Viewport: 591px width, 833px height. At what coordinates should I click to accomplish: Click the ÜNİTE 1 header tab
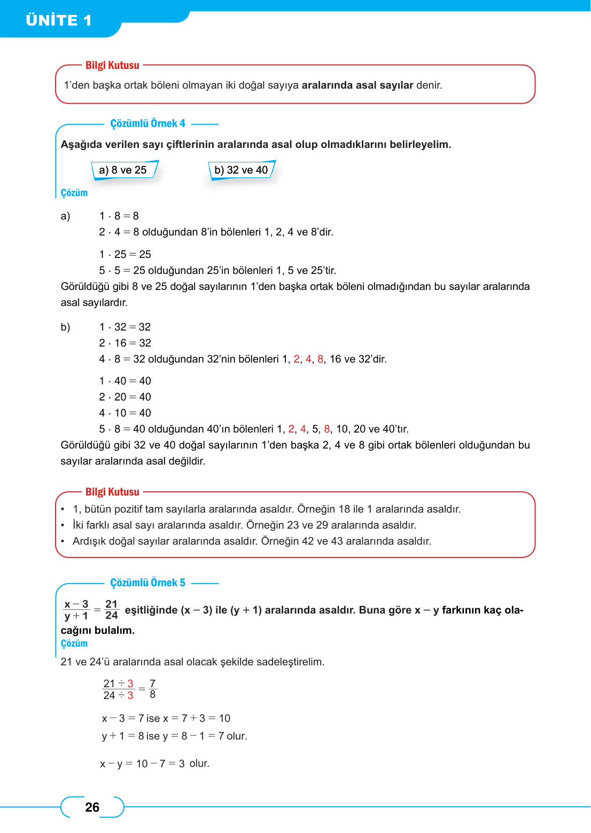(59, 20)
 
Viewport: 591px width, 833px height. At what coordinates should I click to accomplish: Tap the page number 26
(92, 807)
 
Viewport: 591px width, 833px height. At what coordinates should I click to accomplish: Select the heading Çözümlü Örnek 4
(147, 123)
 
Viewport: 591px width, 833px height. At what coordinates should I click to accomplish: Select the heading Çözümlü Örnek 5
(147, 583)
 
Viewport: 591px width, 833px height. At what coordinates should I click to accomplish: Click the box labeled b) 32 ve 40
(241, 170)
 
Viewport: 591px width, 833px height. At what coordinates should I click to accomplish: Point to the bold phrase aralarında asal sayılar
(357, 85)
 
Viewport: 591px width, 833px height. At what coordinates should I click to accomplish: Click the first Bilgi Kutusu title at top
(112, 65)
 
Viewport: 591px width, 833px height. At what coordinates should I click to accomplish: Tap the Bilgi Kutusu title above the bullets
(112, 492)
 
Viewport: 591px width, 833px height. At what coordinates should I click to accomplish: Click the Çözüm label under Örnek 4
(74, 193)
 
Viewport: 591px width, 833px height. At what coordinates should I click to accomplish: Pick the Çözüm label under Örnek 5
(74, 643)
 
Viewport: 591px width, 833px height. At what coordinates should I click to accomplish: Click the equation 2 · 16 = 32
(125, 343)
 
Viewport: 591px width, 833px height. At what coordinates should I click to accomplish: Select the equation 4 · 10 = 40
(125, 413)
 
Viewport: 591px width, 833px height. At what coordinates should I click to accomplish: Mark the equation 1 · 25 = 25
(125, 254)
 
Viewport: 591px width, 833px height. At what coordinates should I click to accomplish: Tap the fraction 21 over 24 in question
(111, 610)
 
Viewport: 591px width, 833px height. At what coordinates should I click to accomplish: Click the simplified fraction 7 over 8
(153, 689)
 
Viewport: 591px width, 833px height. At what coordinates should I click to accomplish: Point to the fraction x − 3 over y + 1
(76, 610)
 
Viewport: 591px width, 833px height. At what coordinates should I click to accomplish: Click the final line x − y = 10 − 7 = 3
(155, 764)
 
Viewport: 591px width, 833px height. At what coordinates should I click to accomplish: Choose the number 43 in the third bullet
(337, 541)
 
